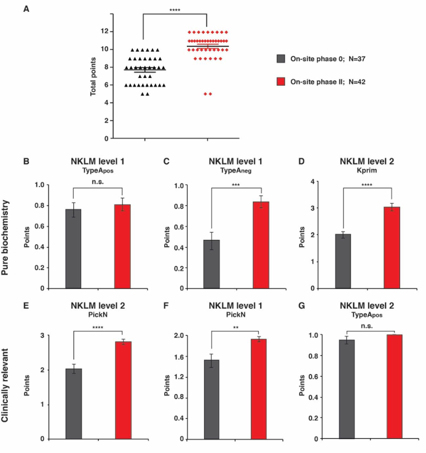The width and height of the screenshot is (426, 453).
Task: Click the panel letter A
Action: [26, 8]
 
